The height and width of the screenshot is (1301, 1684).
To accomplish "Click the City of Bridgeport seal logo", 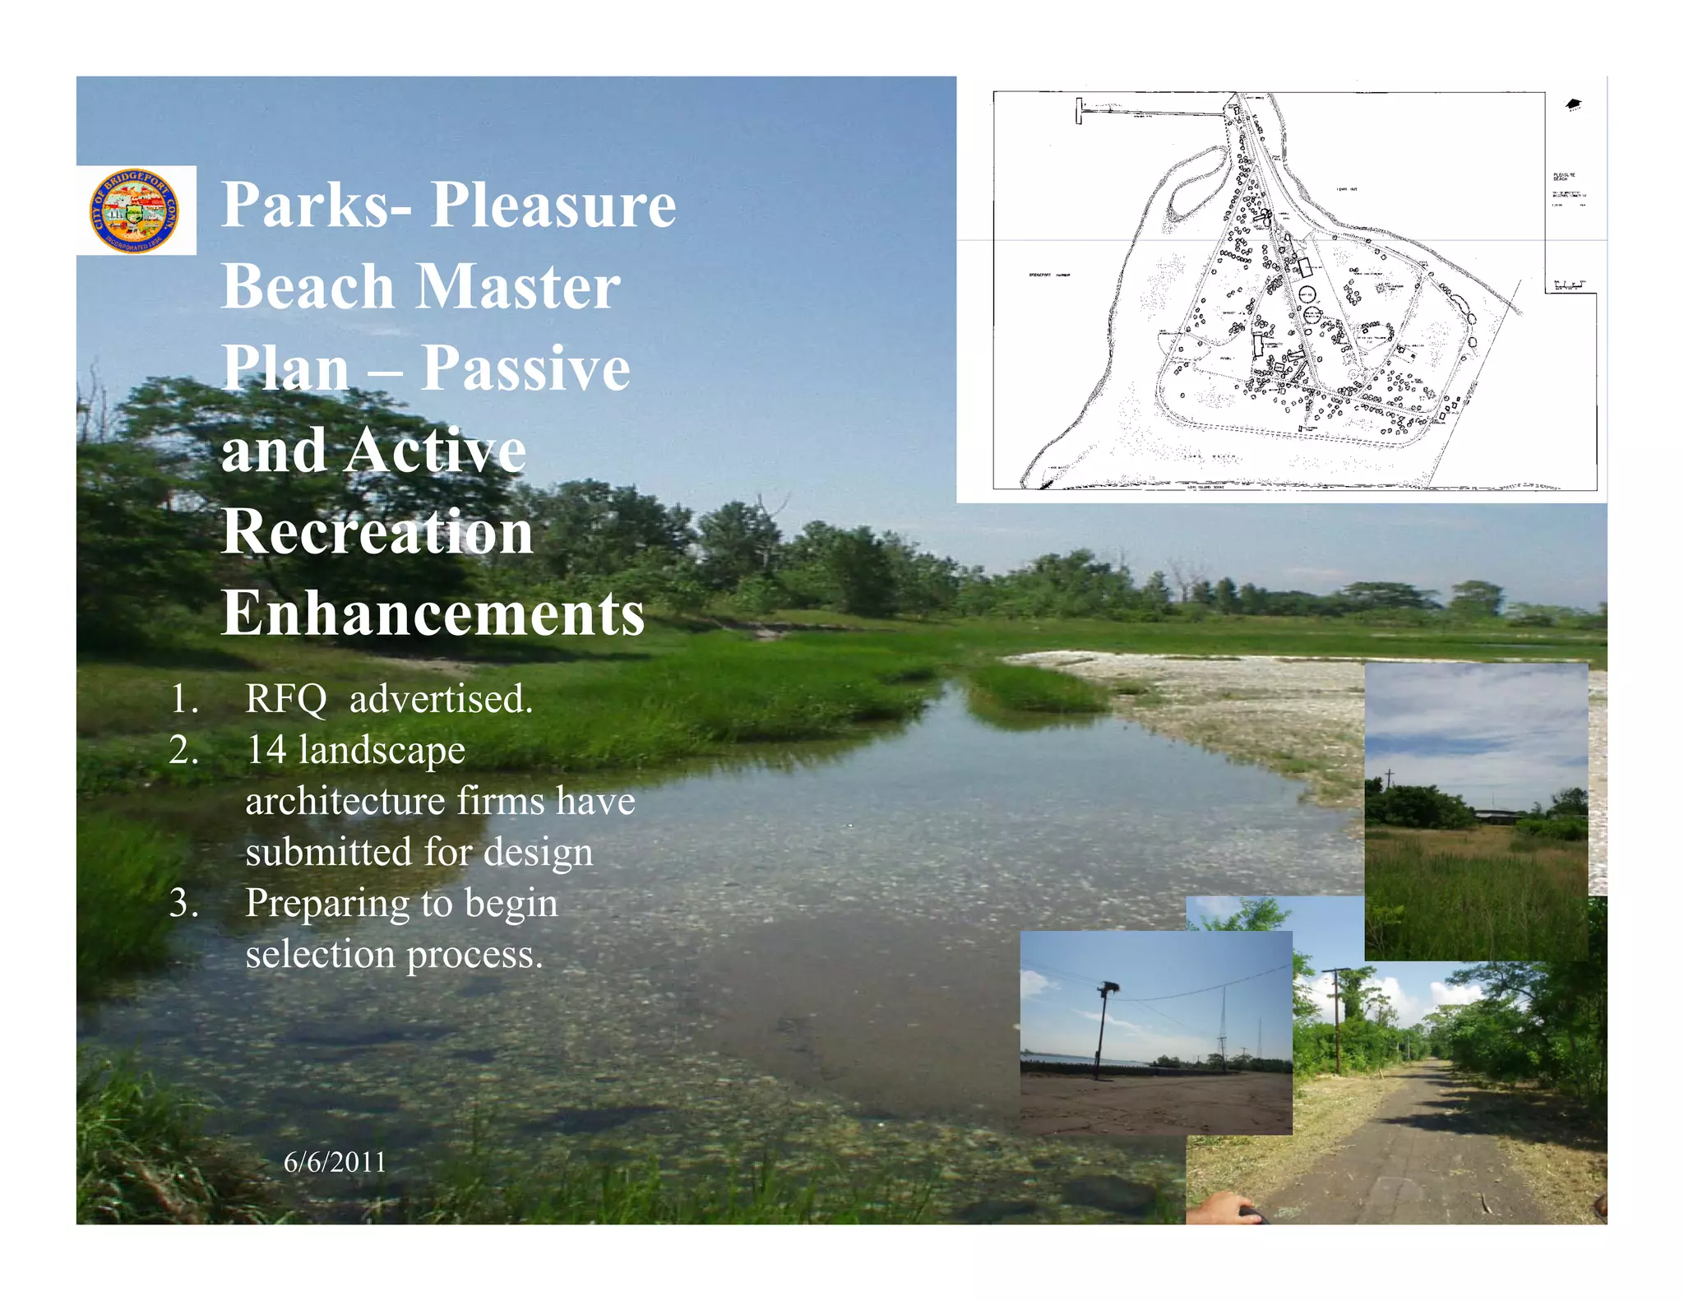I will pos(135,211).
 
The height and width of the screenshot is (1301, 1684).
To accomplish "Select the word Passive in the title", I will pos(525,368).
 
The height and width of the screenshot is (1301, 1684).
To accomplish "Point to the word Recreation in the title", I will pos(377,531).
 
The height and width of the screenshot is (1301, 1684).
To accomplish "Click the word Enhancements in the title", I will pos(433,613).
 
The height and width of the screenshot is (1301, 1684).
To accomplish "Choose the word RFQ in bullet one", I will pos(286,699).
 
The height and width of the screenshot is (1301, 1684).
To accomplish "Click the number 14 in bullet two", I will pos(266,750).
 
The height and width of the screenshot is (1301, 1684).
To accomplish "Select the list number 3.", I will pos(183,903).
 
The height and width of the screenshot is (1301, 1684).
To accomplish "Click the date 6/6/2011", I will pos(335,1162).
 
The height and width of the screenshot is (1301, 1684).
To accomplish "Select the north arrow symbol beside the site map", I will pos(1573,104).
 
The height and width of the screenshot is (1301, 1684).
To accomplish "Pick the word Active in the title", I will pos(435,450).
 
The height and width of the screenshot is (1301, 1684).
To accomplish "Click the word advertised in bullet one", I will pos(441,699).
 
